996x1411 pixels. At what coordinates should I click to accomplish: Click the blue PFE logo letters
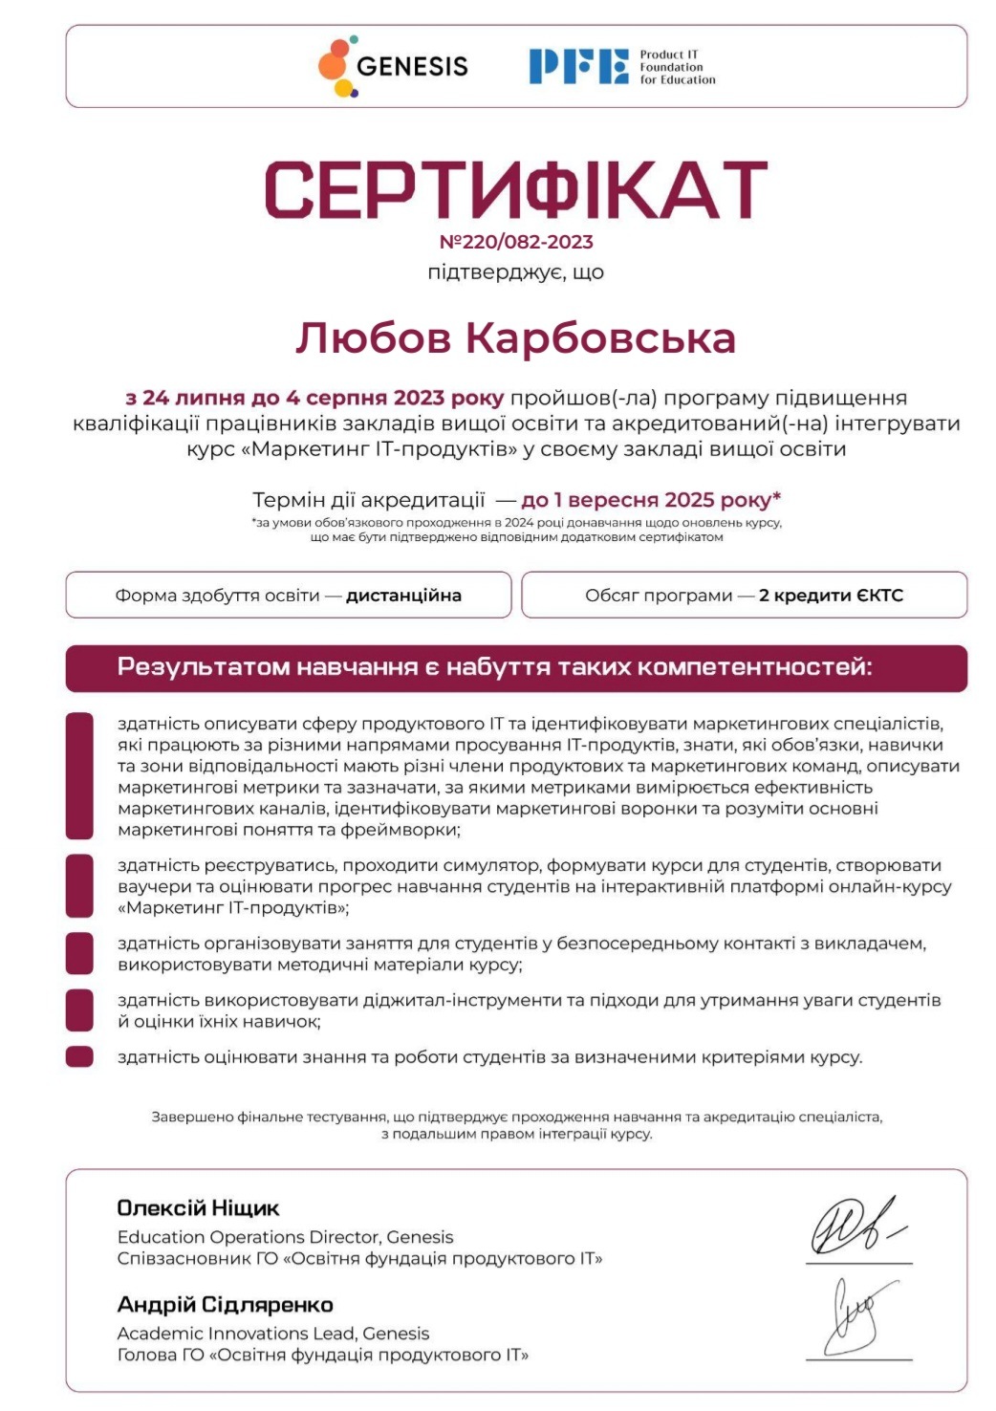coord(578,67)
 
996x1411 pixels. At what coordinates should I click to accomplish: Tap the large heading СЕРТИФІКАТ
coord(516,190)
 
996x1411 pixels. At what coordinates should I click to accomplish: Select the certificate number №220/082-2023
coord(516,242)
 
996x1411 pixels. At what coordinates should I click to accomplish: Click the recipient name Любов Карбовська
coord(516,338)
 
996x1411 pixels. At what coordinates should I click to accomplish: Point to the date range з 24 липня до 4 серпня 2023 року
coord(314,398)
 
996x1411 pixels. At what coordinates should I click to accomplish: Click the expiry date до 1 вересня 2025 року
coord(651,500)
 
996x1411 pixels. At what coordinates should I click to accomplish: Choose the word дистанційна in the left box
coord(403,596)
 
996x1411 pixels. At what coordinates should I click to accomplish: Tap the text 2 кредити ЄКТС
coord(831,596)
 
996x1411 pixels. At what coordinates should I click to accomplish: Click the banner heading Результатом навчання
coord(494,667)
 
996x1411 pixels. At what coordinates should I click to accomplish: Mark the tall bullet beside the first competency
coord(79,775)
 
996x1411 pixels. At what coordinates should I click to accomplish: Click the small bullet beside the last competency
coord(79,1056)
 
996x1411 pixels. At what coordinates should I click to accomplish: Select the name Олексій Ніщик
coord(198,1208)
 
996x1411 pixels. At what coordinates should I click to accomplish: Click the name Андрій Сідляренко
coord(225,1305)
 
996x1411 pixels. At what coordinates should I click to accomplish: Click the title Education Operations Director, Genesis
coord(285,1237)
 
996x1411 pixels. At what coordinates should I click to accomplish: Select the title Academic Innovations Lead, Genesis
coord(272,1334)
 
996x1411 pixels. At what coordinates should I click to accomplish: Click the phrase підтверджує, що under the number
coord(516,272)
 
